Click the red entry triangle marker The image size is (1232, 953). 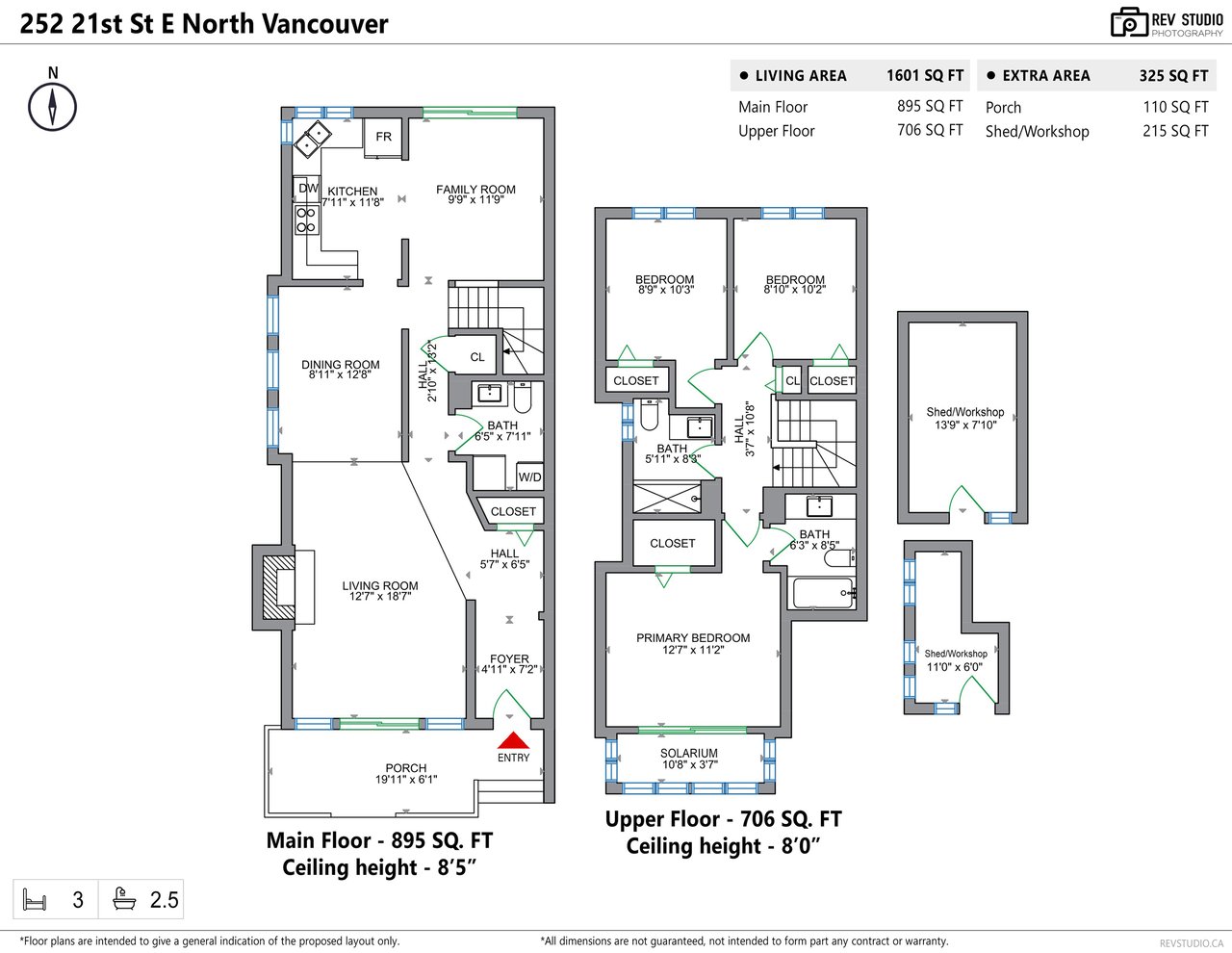tap(513, 740)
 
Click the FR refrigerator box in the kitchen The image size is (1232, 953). tap(383, 137)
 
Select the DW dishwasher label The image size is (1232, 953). tap(308, 189)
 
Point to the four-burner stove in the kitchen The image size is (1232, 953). tap(306, 220)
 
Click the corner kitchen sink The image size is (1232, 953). tap(313, 140)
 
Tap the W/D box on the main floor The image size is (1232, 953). tap(529, 476)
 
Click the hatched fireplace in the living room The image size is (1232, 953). tap(278, 587)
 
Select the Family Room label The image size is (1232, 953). tap(475, 190)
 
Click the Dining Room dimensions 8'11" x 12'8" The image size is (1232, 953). tap(340, 374)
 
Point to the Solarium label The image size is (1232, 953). tap(689, 753)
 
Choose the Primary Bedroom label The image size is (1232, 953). tap(693, 638)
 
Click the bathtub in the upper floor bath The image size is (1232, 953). tap(823, 592)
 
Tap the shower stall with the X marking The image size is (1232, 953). tap(667, 499)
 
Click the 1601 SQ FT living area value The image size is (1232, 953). tap(925, 75)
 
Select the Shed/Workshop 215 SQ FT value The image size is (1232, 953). tap(1175, 131)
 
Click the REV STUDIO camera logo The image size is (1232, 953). tap(1130, 23)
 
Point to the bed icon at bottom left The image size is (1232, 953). tap(34, 899)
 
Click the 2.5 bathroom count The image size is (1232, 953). tap(164, 900)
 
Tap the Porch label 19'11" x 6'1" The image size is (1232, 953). tap(406, 773)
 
